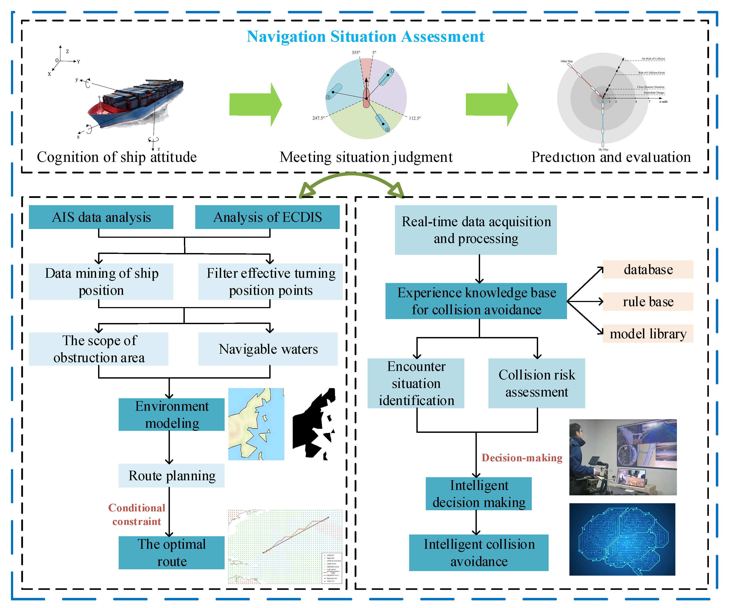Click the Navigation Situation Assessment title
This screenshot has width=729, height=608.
click(365, 37)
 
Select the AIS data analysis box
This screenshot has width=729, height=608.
click(101, 217)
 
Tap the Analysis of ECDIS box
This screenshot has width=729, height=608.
click(267, 217)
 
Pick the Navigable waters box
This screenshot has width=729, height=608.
click(268, 349)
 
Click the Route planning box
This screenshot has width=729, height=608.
click(171, 475)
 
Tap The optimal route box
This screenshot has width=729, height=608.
click(171, 552)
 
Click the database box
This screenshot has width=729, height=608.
click(648, 269)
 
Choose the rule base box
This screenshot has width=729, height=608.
click(648, 301)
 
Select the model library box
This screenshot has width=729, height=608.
click(648, 334)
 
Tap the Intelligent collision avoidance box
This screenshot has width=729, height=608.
click(479, 552)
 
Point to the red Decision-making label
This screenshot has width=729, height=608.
click(522, 458)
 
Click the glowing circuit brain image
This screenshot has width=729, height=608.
click(622, 539)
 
